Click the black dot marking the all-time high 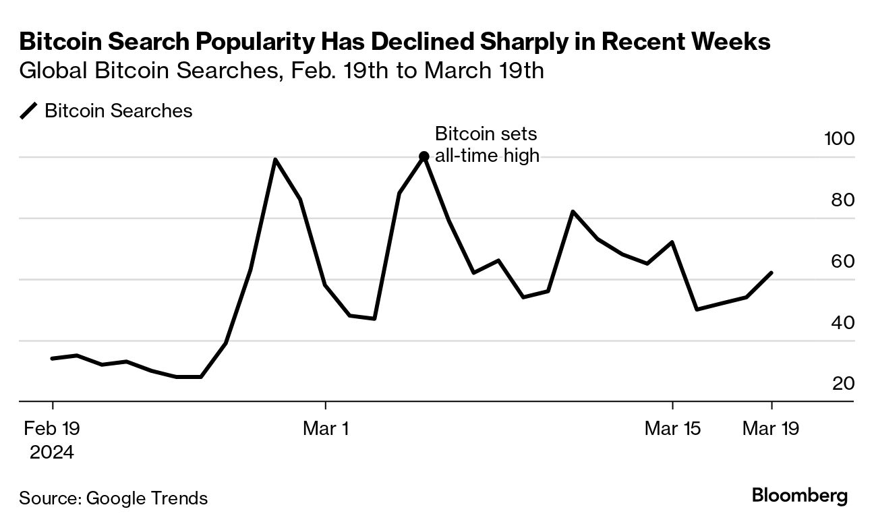[x=424, y=156]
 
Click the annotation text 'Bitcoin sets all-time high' [x=486, y=144]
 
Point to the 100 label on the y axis [x=839, y=139]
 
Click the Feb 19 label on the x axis [x=52, y=428]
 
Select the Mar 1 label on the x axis [x=326, y=428]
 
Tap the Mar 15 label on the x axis [x=672, y=428]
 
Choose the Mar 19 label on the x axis [x=771, y=428]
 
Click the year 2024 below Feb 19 [x=52, y=452]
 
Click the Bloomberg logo [x=799, y=496]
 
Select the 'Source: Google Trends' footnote [x=113, y=498]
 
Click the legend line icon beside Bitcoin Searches [x=29, y=111]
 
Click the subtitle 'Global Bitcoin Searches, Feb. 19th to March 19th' [x=282, y=71]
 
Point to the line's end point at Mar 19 [x=771, y=273]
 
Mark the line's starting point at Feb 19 [x=52, y=358]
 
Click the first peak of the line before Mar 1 [x=275, y=160]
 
